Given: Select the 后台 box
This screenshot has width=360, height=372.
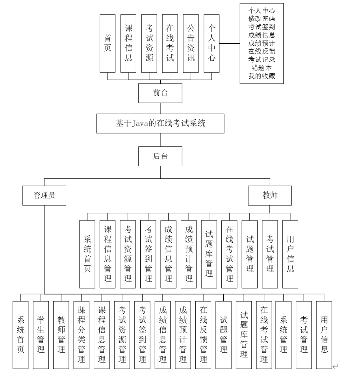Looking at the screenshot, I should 160,156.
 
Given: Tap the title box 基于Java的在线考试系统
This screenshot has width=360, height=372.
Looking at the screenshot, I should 160,123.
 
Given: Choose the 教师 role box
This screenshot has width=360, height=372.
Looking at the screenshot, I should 269,195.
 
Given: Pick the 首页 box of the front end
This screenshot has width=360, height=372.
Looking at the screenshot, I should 107,43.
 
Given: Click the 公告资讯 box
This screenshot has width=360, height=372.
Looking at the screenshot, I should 191,43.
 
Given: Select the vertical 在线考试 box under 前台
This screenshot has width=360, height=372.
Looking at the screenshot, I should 170,43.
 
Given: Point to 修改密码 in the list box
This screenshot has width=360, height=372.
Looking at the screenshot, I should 262,18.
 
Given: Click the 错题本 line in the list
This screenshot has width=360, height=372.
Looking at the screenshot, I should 262,68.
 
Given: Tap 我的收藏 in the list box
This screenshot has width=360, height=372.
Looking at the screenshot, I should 262,76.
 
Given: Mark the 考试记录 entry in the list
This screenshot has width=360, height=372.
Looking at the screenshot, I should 262,59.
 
